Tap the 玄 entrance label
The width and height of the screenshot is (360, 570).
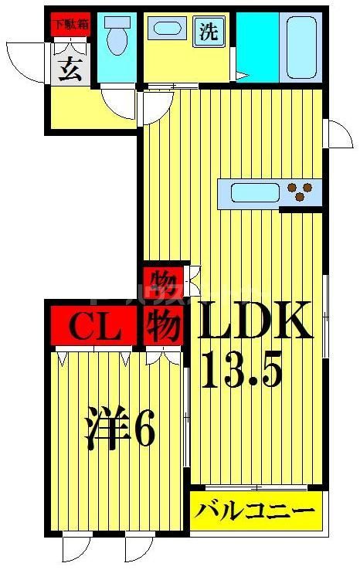coord(70,70)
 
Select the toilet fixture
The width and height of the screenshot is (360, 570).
coord(117,39)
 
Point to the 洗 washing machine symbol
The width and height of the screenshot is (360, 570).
coord(209,32)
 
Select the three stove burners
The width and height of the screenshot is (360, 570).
coord(301,189)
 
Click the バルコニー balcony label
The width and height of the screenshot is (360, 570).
coord(254,511)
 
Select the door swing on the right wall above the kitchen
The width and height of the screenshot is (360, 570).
coord(337,133)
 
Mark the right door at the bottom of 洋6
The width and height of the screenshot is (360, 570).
coord(138,549)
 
